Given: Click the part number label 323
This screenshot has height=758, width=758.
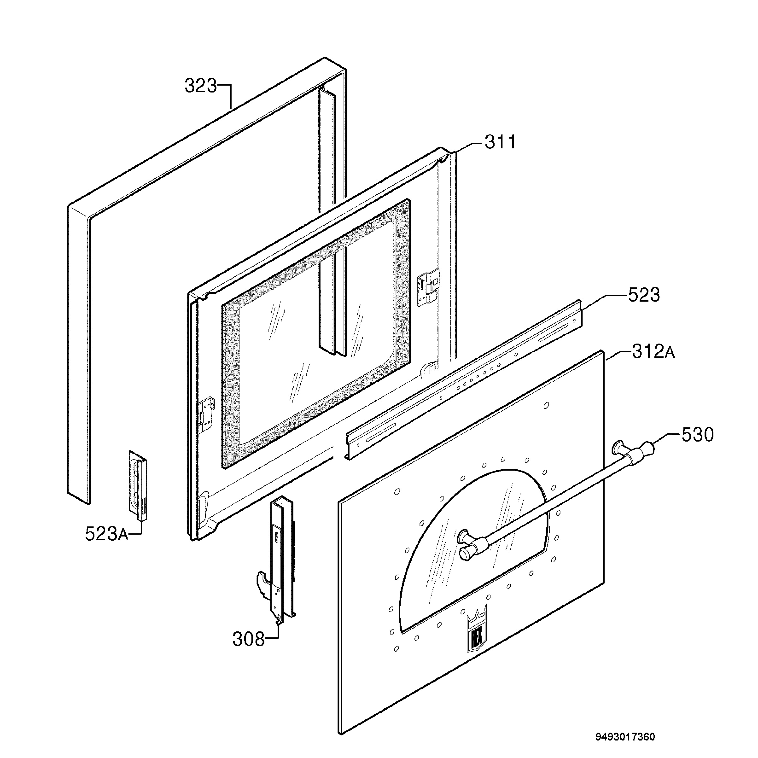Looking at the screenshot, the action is tap(201, 86).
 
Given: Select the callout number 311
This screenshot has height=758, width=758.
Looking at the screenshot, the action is tap(500, 142).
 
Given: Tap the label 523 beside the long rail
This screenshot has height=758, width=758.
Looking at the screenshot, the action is tap(644, 295).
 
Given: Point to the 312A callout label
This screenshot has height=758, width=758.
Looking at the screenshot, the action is tap(653, 352).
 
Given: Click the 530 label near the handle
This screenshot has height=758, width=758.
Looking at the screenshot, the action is tap(698, 435).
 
